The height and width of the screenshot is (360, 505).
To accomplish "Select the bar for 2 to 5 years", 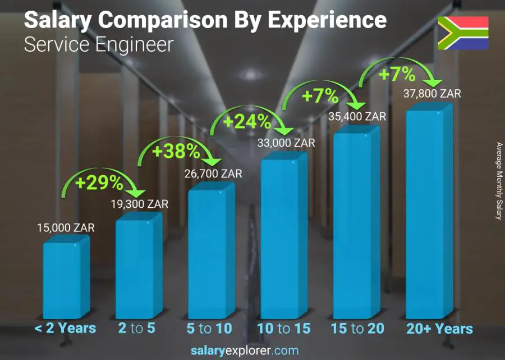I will tap(137, 267).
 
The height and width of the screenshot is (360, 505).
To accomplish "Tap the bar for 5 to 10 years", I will tap(210, 253).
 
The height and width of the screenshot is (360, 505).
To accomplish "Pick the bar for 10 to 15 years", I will tap(282, 236).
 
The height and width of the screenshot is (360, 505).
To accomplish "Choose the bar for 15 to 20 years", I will tap(355, 222).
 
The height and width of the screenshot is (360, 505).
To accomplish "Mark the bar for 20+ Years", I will tap(428, 213).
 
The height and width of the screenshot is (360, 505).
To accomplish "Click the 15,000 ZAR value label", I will tap(65, 228).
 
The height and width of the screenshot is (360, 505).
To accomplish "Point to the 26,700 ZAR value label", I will tap(213, 174).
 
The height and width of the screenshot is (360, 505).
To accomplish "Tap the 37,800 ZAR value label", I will tap(432, 94).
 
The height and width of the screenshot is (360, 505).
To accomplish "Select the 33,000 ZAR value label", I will tap(286, 143).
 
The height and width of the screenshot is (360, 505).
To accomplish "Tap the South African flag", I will tap(463, 33).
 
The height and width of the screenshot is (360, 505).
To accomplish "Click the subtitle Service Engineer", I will tap(99, 45).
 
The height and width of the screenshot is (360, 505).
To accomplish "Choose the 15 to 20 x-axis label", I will tap(357, 329).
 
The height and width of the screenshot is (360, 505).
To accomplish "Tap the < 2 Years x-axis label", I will tap(65, 329).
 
